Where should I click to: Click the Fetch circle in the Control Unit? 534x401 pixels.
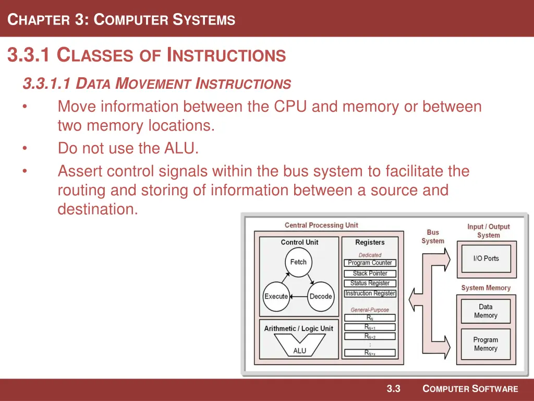(298, 262)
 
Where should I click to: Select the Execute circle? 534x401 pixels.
(276, 297)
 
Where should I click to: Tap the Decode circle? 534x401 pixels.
(320, 297)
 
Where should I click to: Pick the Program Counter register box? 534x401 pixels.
(370, 263)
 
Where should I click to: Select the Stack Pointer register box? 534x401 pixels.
(370, 273)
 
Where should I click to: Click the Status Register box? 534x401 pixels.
(370, 283)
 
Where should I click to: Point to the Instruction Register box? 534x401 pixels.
(370, 293)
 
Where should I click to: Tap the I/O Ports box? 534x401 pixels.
(486, 258)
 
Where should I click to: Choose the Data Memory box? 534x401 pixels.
(486, 311)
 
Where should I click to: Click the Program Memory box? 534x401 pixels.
(486, 344)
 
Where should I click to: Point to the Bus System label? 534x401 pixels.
(433, 237)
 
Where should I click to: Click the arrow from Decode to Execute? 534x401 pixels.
(298, 297)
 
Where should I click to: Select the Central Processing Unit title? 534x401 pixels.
(321, 225)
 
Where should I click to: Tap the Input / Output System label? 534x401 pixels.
(488, 231)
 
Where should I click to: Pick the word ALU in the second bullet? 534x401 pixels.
(180, 148)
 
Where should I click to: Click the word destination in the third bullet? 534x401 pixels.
(98, 209)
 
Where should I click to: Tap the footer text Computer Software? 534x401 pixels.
(470, 388)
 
